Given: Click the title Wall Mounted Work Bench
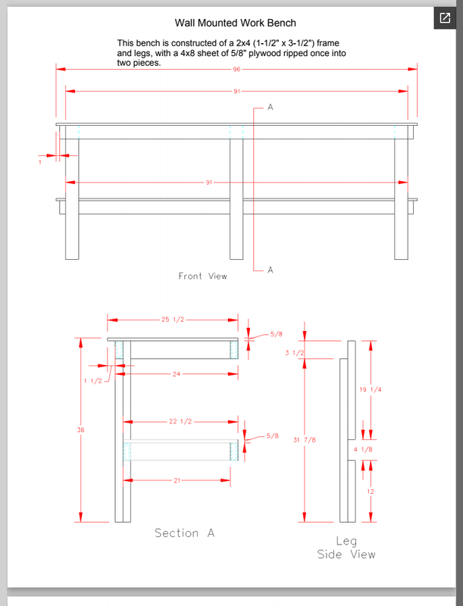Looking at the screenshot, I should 235,23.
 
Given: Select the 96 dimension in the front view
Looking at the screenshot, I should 236,70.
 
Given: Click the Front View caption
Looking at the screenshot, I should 202,276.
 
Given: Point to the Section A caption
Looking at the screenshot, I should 184,533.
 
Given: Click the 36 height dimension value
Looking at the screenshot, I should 81,430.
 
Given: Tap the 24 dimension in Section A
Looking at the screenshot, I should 177,373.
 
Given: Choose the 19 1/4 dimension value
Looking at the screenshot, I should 370,389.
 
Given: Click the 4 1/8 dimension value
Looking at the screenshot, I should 364,450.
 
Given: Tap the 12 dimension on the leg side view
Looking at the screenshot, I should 370,491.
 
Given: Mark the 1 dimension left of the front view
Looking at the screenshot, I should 39,162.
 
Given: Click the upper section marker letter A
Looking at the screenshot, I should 270,108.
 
